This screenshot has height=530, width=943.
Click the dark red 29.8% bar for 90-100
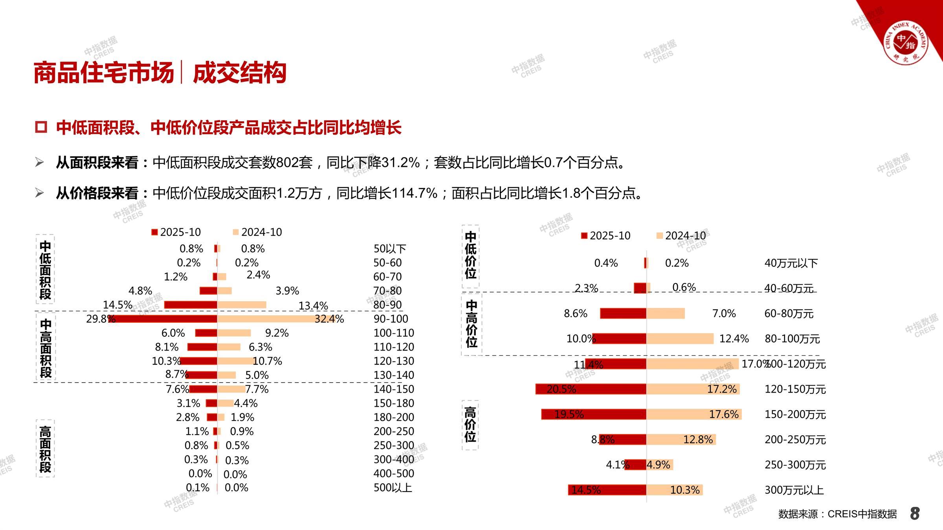coord(163,319)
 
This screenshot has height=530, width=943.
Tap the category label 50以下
coord(389,249)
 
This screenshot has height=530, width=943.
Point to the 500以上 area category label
coord(392,488)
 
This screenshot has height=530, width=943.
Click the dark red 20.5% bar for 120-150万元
coord(591,389)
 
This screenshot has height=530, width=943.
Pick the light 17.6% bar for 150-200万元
coord(694,414)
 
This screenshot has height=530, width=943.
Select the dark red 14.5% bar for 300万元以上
coord(607,490)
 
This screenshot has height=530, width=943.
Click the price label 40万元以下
coord(791,263)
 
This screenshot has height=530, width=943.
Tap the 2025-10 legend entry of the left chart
coord(176,232)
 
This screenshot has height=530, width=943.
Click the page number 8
coord(915,514)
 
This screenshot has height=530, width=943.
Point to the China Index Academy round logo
coord(906,43)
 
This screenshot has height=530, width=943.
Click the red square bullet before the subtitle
coord(41,127)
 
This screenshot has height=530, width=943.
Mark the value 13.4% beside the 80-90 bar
coord(313,305)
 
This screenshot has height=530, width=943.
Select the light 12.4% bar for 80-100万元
coord(680,338)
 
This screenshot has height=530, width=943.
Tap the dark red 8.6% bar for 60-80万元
coord(623,313)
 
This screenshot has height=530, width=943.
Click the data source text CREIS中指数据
coord(837,514)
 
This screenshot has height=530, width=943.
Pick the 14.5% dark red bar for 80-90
coord(191,305)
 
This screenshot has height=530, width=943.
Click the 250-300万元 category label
coord(795,465)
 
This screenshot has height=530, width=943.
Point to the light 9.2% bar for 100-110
coord(234,333)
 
